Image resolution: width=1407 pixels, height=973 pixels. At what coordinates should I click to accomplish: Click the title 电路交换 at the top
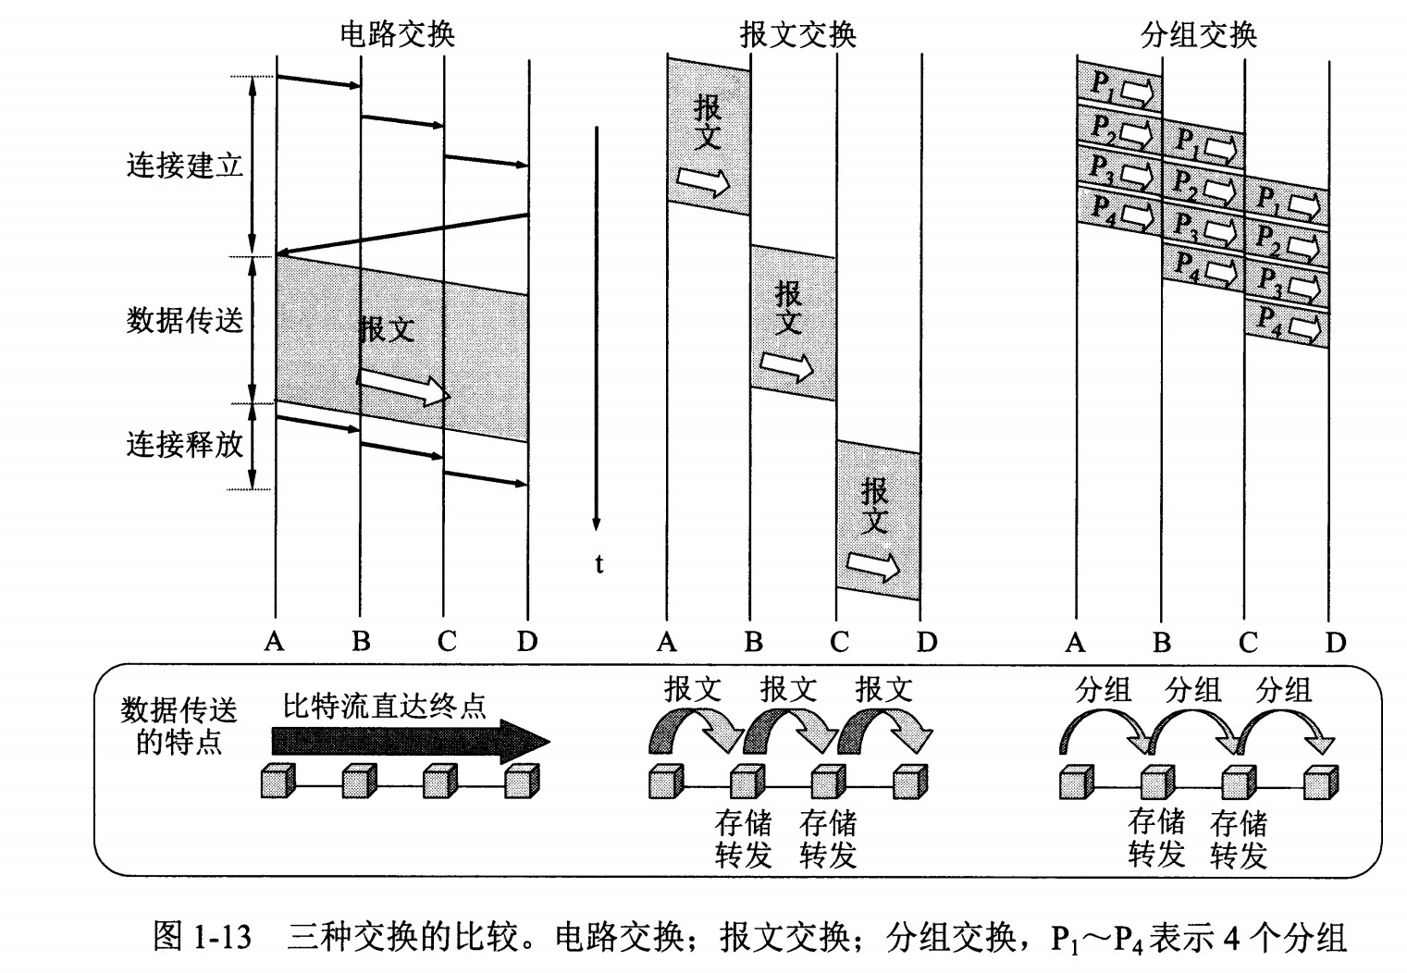pos(397,34)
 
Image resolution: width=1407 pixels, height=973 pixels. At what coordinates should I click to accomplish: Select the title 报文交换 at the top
pos(797,34)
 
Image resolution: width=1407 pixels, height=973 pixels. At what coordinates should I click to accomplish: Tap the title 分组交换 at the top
pos(1199,34)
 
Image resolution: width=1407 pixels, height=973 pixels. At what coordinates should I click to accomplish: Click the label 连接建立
pos(184,166)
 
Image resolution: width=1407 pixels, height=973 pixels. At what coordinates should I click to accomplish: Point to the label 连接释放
pos(184,445)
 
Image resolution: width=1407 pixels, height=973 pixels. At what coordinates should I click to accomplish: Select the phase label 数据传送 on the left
pos(184,321)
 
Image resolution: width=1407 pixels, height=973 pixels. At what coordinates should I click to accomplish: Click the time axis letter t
pos(599,563)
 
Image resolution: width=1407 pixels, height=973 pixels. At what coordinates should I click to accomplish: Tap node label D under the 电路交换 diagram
pos(527,641)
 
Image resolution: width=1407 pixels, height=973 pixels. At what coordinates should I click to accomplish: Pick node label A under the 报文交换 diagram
pos(667,641)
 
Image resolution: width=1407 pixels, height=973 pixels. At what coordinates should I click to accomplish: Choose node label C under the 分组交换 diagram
pos(1248,642)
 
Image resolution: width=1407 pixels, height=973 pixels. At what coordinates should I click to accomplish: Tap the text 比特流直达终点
pos(384,707)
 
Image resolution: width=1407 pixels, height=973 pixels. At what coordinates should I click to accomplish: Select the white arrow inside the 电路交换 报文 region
pos(402,386)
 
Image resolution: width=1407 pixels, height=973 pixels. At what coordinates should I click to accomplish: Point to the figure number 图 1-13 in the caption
pos(202,938)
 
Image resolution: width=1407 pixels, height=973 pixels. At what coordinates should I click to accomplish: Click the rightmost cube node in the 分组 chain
pos(1320,782)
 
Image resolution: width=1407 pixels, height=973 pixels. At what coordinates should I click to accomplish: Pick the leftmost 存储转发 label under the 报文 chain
pos(744,839)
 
